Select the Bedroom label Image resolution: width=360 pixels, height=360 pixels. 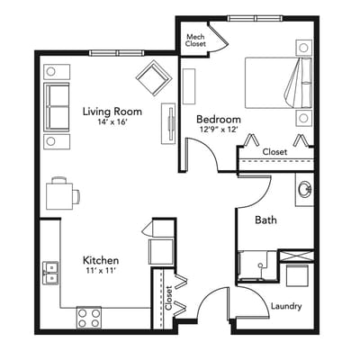[x=219, y=119]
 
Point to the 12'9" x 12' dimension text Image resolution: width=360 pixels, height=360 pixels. [x=219, y=130]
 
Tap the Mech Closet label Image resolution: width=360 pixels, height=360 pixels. [x=195, y=40]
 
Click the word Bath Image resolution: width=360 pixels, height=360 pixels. [x=265, y=220]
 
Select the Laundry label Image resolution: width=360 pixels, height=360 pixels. [x=286, y=306]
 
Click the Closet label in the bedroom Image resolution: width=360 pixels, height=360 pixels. [x=274, y=152]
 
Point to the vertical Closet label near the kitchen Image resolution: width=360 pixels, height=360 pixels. [x=169, y=299]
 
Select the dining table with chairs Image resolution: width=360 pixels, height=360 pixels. [x=61, y=193]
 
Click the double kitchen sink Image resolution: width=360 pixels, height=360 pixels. [x=51, y=271]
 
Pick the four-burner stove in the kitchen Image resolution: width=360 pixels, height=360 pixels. [x=88, y=317]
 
